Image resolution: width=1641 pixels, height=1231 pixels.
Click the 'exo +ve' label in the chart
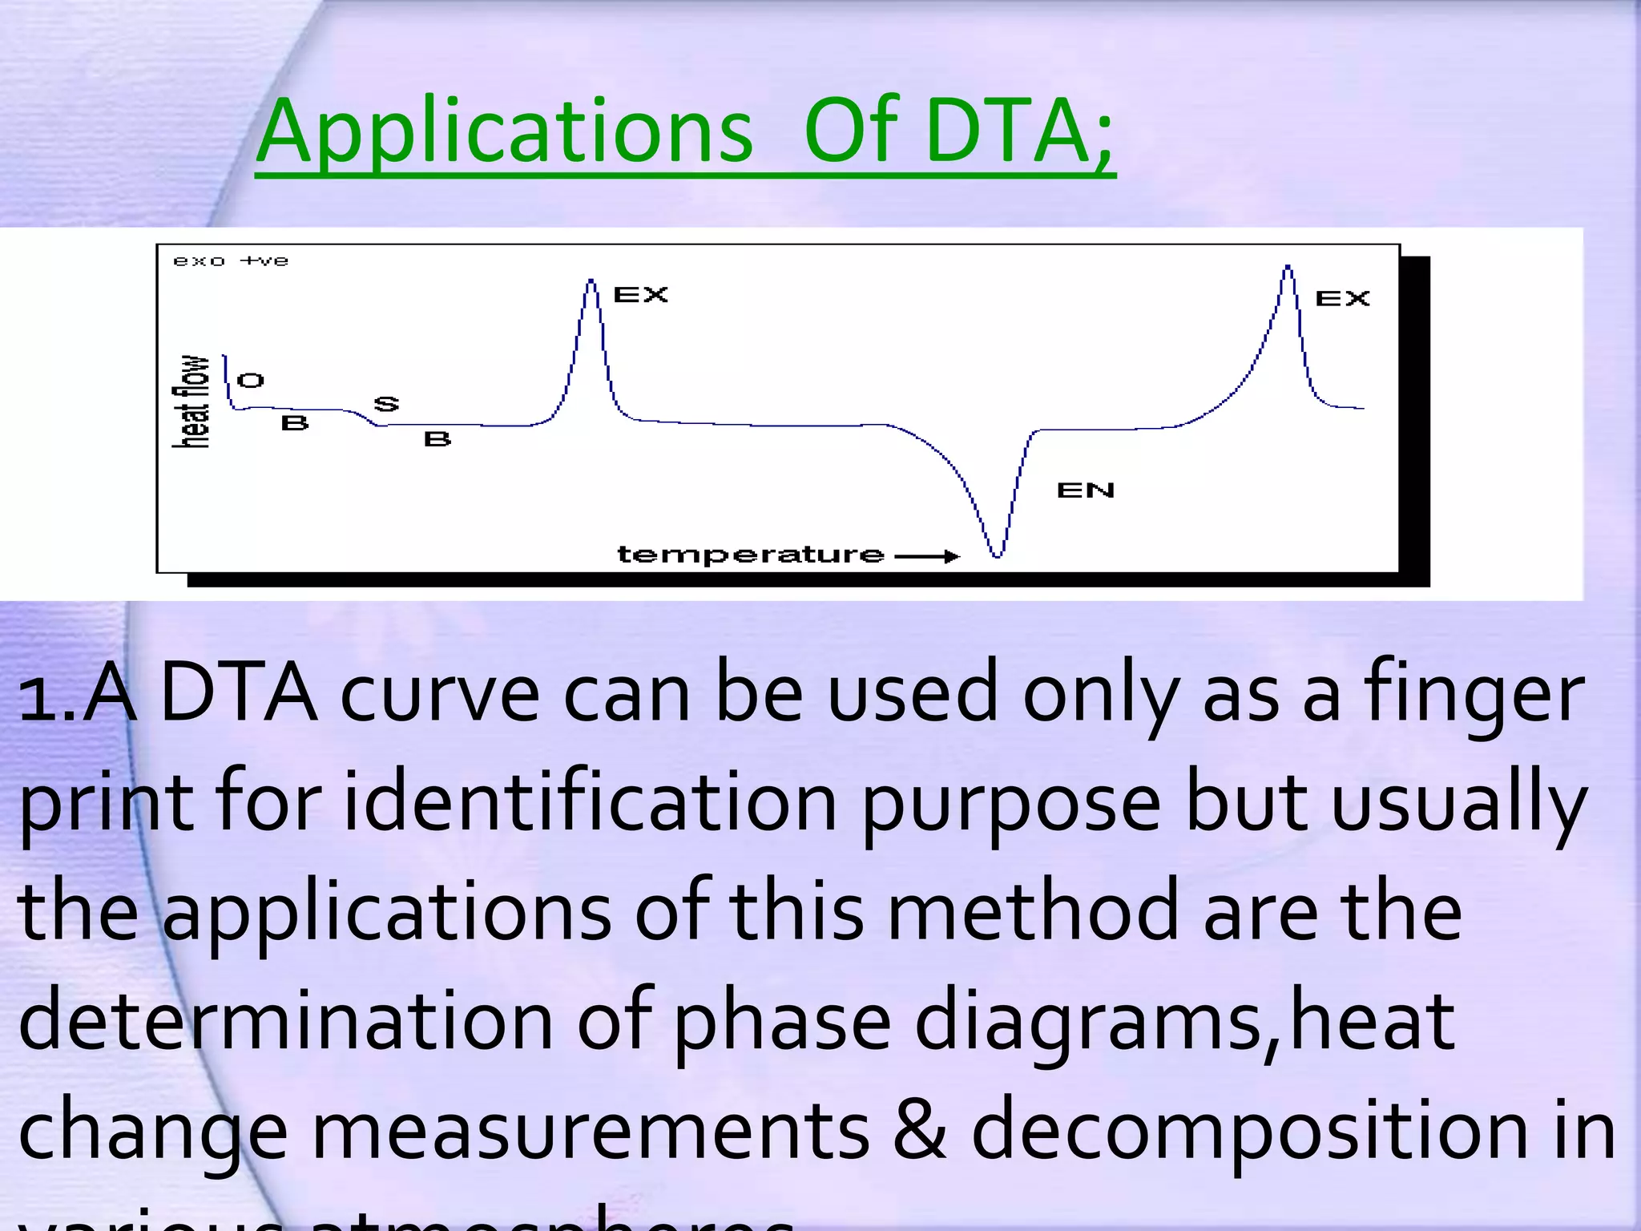[231, 261]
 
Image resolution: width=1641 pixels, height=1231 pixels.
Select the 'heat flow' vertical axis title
[192, 401]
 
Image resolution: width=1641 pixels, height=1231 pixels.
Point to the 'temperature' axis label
[750, 555]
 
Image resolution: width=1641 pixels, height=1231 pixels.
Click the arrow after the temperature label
[927, 556]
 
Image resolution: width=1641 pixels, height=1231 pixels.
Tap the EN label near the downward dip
[1086, 490]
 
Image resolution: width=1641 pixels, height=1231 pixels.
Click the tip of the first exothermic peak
[591, 281]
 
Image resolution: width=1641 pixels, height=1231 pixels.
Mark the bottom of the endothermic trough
[998, 555]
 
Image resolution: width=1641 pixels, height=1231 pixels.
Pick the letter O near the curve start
[251, 381]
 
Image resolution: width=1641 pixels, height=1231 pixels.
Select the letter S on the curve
[386, 404]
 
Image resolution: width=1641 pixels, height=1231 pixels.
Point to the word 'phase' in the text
[782, 1022]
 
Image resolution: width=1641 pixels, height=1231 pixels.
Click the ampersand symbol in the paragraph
[919, 1130]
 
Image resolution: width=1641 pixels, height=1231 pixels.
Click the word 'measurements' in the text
[590, 1130]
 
